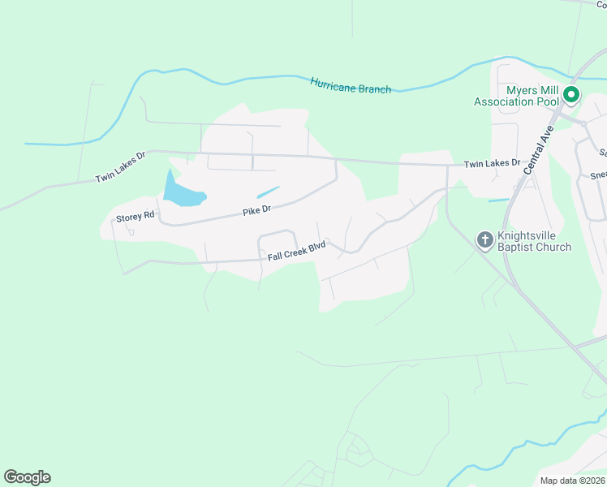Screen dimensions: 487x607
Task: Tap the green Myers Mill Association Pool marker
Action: coord(570,96)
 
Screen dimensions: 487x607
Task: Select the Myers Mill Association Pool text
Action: coord(518,96)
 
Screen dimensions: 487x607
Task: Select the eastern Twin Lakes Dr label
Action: coord(492,163)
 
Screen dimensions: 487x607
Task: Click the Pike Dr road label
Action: coord(256,210)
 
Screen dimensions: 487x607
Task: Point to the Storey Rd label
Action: coord(135,217)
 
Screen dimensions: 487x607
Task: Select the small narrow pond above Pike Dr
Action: coord(268,192)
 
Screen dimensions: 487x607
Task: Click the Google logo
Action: coord(27,477)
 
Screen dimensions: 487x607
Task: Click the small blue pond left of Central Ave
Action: coord(498,200)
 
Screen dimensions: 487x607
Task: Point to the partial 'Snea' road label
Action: coord(598,175)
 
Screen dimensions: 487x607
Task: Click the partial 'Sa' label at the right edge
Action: coord(602,153)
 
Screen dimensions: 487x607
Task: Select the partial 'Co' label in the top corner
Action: coord(601,4)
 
